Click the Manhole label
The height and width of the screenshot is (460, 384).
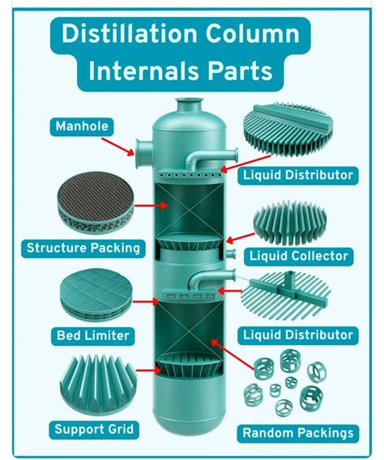pos(82,126)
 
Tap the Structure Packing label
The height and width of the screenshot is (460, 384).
pos(84,248)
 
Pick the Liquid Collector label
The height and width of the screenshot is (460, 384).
pos(300,257)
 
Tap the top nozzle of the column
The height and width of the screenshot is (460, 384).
pos(192,103)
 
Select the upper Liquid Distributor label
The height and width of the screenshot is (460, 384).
pos(300,174)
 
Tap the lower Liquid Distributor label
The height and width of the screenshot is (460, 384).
pos(300,334)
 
